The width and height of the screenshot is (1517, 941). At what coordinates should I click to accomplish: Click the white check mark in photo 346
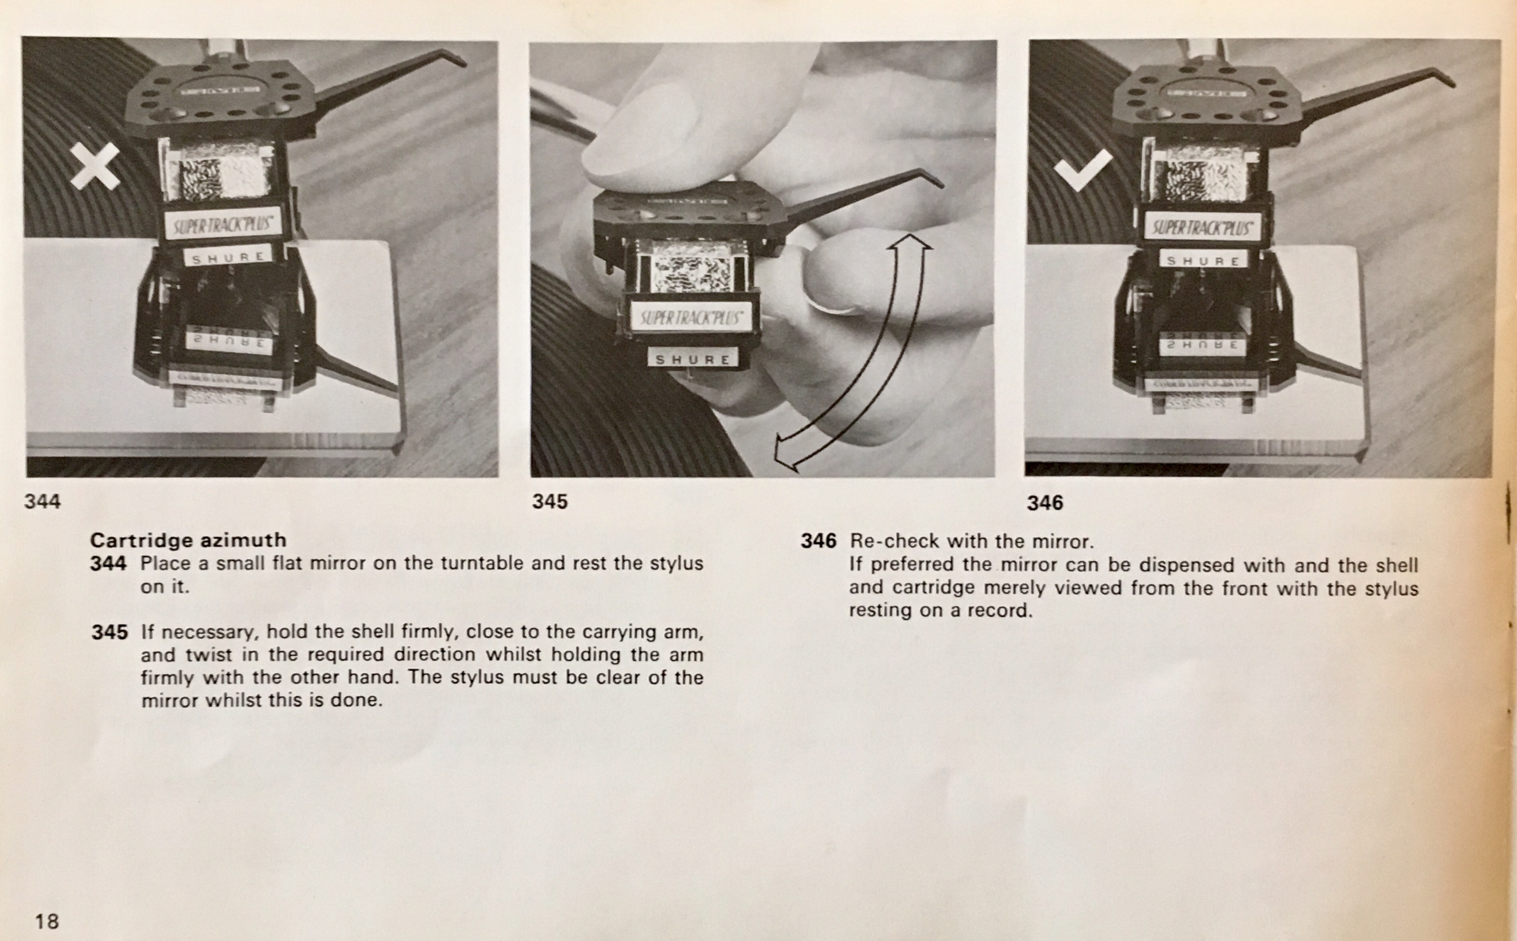click(x=1083, y=170)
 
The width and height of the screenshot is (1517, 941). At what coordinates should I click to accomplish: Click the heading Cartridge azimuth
click(x=188, y=539)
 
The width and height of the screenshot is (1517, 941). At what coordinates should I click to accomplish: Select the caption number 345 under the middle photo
click(x=550, y=502)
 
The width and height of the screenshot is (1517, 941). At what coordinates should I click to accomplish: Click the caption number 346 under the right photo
click(x=1045, y=502)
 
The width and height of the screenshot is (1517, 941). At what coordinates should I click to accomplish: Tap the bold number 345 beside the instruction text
click(x=109, y=633)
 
